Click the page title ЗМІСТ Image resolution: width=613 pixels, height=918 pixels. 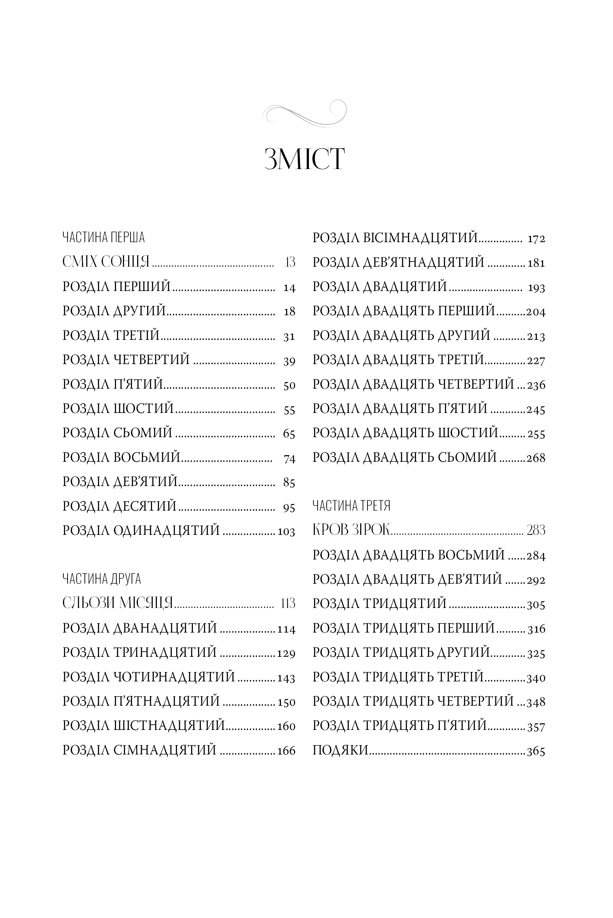tap(304, 159)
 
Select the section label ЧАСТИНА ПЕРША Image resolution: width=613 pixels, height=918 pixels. tap(103, 237)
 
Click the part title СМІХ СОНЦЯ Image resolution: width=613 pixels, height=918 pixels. tap(106, 262)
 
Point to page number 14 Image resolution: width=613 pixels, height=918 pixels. tap(289, 288)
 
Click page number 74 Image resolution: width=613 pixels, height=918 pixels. tap(289, 459)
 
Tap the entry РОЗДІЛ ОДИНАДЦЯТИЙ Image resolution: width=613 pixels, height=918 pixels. tap(141, 531)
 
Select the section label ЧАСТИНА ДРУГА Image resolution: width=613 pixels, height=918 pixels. tap(101, 579)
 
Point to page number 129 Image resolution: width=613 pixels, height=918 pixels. tap(286, 653)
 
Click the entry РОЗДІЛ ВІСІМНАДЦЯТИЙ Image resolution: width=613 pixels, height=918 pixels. tap(395, 238)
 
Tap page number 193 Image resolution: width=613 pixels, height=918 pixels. tap(536, 288)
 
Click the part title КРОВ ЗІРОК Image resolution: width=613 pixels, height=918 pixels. tap(352, 530)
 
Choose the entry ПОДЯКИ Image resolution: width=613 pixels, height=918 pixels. tap(340, 750)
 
